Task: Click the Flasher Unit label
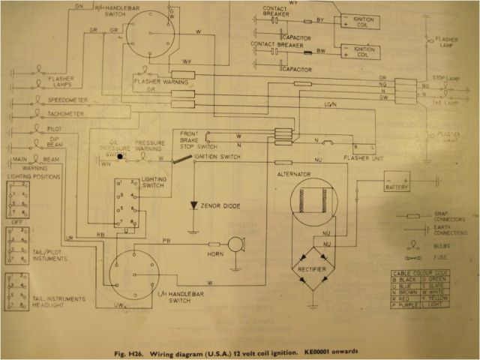click(362, 159)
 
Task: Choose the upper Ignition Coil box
click(356, 21)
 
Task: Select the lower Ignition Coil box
click(356, 53)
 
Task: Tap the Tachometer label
click(68, 114)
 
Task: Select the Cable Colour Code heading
click(428, 275)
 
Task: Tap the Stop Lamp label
click(448, 77)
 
